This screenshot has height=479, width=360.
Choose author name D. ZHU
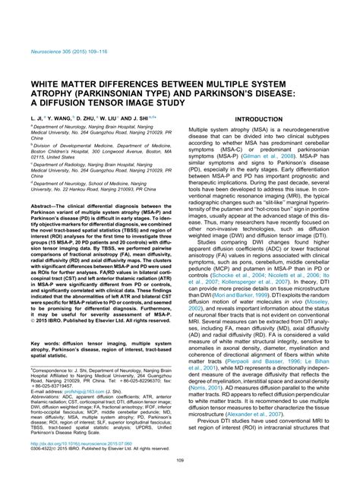coord(96,99)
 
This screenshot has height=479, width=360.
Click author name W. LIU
coord(123,99)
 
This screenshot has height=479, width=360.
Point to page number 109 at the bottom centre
coord(180,460)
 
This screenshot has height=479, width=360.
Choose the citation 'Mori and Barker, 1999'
coord(235,294)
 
